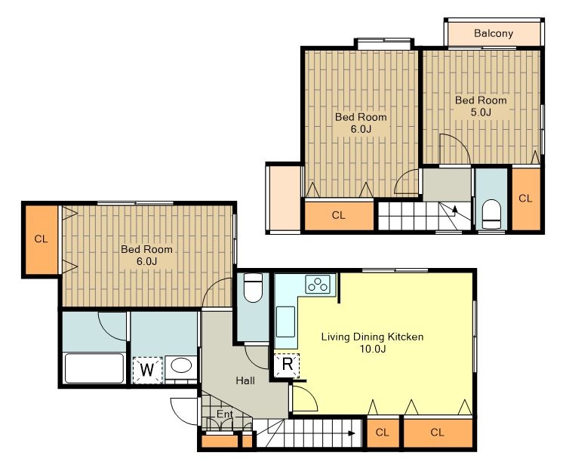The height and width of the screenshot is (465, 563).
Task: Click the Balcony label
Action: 494,33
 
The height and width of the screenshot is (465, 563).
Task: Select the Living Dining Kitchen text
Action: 372,337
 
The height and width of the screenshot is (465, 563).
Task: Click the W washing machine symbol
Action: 147,369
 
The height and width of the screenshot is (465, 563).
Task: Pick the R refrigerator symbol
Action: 287,365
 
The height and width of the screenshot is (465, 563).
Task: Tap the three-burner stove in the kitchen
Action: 318,285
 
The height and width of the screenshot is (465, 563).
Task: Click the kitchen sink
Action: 285,322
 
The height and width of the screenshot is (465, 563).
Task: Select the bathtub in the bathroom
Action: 94,368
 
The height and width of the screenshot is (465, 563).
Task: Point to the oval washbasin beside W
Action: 181,365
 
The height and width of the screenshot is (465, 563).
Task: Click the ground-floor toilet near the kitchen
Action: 253,288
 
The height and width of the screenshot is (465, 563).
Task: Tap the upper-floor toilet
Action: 491,214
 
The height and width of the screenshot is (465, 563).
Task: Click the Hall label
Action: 245,380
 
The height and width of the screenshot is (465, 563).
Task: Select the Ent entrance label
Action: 225,414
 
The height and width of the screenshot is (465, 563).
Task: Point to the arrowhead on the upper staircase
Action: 455,209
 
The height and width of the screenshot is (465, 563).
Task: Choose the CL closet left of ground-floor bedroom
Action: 42,239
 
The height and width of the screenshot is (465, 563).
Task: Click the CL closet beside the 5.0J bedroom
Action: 526,199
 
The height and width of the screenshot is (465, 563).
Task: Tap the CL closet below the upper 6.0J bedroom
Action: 339,215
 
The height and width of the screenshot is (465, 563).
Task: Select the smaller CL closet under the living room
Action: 383,433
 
